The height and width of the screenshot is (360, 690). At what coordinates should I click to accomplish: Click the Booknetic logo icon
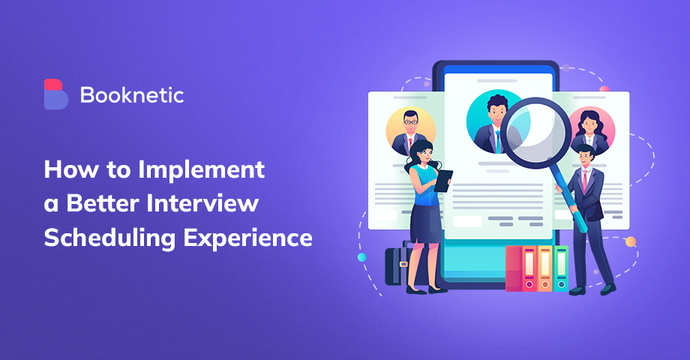click(x=55, y=94)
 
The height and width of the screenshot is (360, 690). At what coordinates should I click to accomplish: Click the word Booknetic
click(x=131, y=95)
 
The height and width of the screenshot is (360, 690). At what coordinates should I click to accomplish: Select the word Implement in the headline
click(x=201, y=169)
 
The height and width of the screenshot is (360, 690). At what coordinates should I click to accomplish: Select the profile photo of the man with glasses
click(x=409, y=130)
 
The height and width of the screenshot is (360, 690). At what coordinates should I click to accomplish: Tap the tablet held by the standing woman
click(x=443, y=180)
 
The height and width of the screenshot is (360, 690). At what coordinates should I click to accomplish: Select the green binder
click(x=560, y=268)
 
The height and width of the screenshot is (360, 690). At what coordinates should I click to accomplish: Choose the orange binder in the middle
click(x=545, y=268)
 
